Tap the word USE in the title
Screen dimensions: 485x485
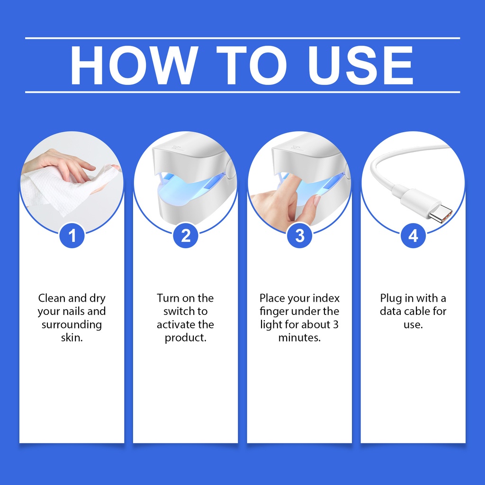(360, 65)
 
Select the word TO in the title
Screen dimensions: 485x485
(252, 65)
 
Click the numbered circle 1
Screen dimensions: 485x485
(72, 236)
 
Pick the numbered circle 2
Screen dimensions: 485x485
(186, 236)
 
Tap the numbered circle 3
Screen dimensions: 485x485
(299, 236)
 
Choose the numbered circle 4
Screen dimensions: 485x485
(413, 236)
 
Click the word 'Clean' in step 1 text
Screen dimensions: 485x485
(52, 298)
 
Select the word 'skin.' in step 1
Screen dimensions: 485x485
(72, 337)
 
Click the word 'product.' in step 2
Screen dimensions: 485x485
(186, 338)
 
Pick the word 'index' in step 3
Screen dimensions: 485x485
(326, 298)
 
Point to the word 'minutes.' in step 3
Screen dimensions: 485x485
(299, 337)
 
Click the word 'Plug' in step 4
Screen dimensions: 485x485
(391, 299)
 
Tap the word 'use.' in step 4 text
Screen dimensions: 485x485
(413, 325)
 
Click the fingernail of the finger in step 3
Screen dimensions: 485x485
(317, 200)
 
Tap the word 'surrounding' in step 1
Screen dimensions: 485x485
(72, 325)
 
